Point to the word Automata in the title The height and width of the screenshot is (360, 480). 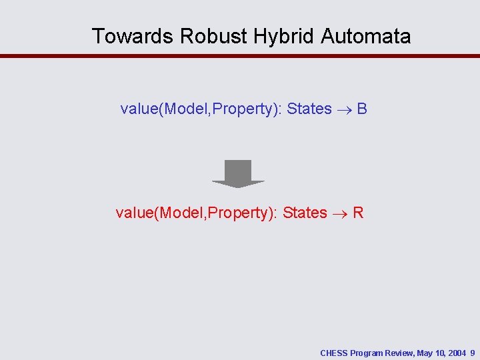pos(366,36)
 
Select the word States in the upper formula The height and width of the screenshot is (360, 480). pos(309,109)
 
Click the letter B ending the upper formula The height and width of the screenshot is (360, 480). pos(362,109)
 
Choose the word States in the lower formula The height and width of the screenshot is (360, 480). pos(305,213)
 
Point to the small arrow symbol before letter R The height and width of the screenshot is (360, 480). pos(340,213)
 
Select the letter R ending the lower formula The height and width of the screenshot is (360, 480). pos(358,213)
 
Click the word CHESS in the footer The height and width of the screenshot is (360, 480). pos(333,353)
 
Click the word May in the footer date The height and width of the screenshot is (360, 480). pos(425,353)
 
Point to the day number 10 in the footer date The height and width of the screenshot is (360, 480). pos(440,353)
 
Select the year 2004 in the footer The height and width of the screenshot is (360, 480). pos(457,353)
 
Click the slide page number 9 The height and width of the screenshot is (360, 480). pos(473,353)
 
